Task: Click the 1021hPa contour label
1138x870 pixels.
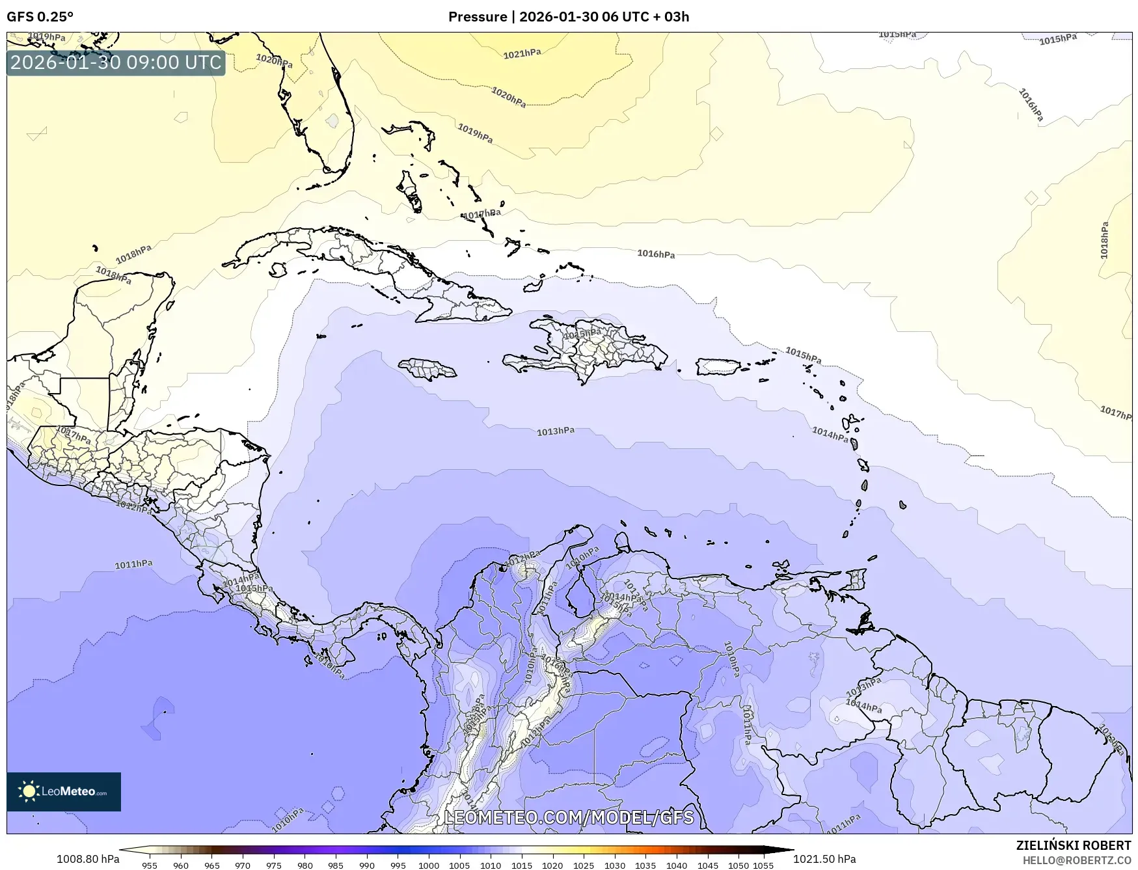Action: [x=522, y=53]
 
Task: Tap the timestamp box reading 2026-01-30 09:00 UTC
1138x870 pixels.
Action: [x=116, y=62]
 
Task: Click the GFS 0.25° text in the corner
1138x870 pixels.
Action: [x=40, y=16]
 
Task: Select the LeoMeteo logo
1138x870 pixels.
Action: [x=64, y=791]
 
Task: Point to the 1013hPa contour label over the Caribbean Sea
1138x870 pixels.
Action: [x=555, y=431]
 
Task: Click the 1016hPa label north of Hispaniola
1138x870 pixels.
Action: [x=655, y=254]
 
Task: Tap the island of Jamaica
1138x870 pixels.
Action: [x=427, y=370]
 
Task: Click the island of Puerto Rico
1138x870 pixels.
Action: [x=719, y=366]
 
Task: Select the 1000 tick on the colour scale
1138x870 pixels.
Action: [x=428, y=865]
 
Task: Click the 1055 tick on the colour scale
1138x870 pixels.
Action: [x=763, y=865]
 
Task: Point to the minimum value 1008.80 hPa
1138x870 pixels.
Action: [x=88, y=859]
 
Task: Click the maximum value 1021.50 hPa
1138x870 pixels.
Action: [x=824, y=859]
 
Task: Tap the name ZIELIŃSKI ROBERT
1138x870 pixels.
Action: [x=1074, y=845]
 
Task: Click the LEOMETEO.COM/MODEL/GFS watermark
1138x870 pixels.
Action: [x=569, y=817]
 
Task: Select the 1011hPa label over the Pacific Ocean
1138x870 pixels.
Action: [x=134, y=564]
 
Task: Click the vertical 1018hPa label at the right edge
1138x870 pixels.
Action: [x=1104, y=241]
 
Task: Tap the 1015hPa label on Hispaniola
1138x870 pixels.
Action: [x=582, y=334]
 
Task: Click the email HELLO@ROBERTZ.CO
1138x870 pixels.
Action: [x=1077, y=860]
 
